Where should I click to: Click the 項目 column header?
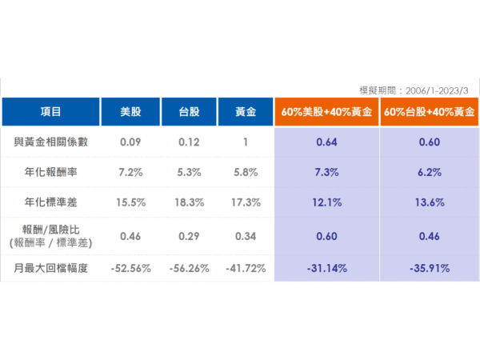pyautogui.click(x=50, y=113)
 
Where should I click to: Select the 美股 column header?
pyautogui.click(x=130, y=113)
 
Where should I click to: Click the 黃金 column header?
pyautogui.click(x=246, y=113)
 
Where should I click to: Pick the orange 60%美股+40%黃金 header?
pyautogui.click(x=326, y=113)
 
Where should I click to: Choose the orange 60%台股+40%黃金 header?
pyautogui.click(x=429, y=113)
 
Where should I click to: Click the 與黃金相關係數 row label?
pyautogui.click(x=50, y=142)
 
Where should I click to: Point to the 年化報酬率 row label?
pyautogui.click(x=50, y=172)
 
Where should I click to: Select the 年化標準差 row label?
pyautogui.click(x=50, y=202)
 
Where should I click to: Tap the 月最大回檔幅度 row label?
pyautogui.click(x=50, y=268)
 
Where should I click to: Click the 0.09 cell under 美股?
pyautogui.click(x=130, y=142)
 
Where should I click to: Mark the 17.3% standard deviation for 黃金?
pyautogui.click(x=246, y=202)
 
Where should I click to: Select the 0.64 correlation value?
pyautogui.click(x=326, y=142)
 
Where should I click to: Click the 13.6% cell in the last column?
pyautogui.click(x=429, y=202)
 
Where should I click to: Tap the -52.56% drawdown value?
pyautogui.click(x=130, y=268)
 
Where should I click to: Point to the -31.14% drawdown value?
pyautogui.click(x=326, y=268)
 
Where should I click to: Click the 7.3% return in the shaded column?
pyautogui.click(x=326, y=172)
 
